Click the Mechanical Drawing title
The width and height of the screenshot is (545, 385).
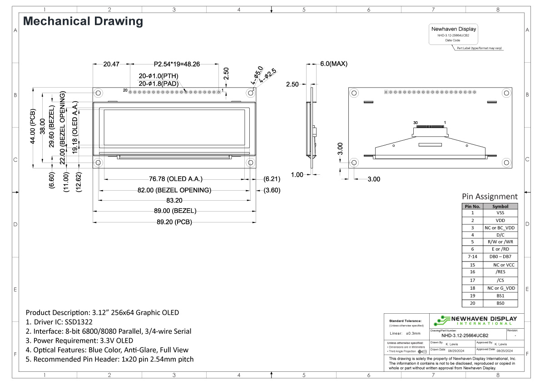tap(83, 21)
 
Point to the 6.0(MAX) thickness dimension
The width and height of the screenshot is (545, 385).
tap(334, 64)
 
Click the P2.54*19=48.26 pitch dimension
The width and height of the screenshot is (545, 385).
tap(177, 64)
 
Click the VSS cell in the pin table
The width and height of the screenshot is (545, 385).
tap(500, 212)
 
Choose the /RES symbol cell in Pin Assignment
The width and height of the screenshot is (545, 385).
tap(500, 271)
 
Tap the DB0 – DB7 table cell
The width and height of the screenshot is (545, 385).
tap(500, 257)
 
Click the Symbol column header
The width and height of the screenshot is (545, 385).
tap(500, 206)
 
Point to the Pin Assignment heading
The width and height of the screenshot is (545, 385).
tap(490, 197)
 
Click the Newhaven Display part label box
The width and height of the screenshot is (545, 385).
tap(453, 34)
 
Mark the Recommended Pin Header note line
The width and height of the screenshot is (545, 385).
tap(109, 359)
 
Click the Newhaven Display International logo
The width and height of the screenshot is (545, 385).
tap(475, 320)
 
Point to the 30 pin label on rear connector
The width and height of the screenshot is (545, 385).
tap(416, 123)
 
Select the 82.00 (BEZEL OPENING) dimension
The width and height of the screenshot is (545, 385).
tap(174, 190)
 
